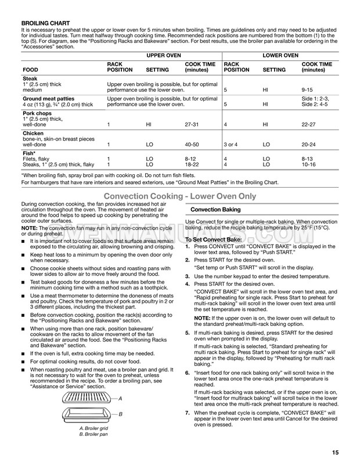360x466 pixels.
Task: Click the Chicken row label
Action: [34, 133]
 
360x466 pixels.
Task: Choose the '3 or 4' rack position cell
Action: [233, 144]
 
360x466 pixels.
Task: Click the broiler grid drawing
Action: [90, 399]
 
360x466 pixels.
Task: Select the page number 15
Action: [336, 453]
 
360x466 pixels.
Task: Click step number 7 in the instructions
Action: [188, 413]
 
